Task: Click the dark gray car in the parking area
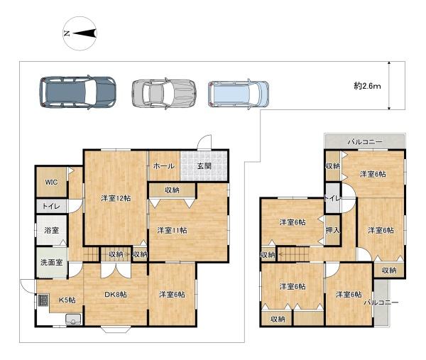(77, 91)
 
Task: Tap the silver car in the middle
(163, 92)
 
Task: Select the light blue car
(239, 93)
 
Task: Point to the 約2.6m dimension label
(368, 86)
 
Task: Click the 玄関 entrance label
(204, 165)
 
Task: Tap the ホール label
(163, 165)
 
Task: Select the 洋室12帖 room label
(114, 198)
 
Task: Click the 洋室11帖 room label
(170, 229)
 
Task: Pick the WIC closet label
(51, 182)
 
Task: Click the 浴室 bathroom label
(51, 231)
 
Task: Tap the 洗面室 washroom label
(51, 262)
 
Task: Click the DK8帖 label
(115, 295)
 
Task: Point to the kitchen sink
(74, 319)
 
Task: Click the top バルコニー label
(365, 142)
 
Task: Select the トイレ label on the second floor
(332, 198)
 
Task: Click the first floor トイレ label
(51, 207)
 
